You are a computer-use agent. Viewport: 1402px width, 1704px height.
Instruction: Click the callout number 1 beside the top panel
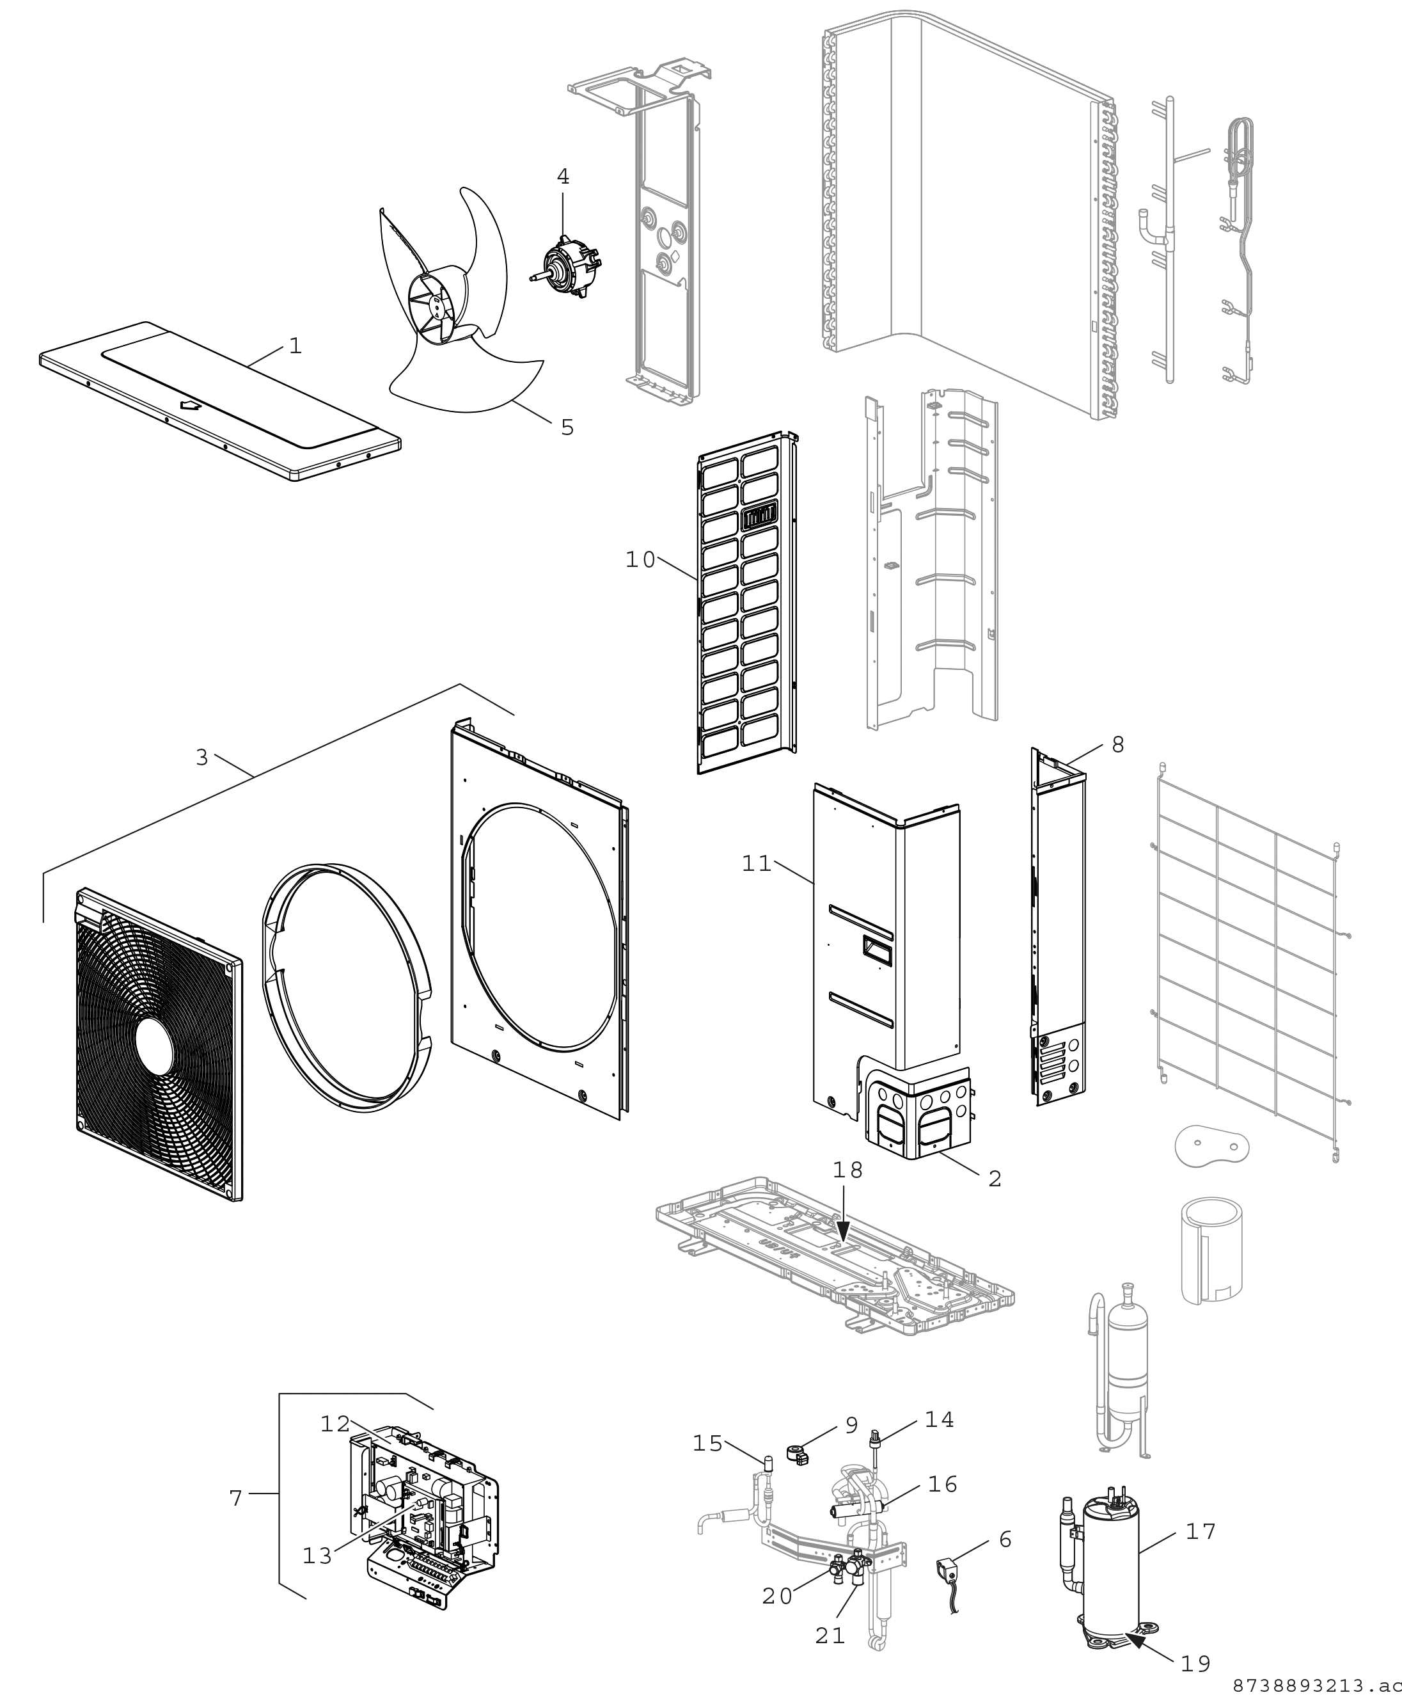tap(295, 346)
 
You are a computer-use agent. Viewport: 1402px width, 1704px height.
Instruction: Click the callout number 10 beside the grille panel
tap(640, 559)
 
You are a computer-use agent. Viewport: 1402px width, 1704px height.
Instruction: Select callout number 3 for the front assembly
tap(202, 757)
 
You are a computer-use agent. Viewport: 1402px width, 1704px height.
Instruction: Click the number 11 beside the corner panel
tap(757, 864)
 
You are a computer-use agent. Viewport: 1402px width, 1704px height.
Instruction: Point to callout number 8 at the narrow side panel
tap(1118, 744)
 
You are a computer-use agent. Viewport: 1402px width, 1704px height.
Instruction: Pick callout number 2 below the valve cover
tap(995, 1179)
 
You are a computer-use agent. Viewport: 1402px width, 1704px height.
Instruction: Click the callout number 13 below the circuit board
tap(317, 1556)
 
